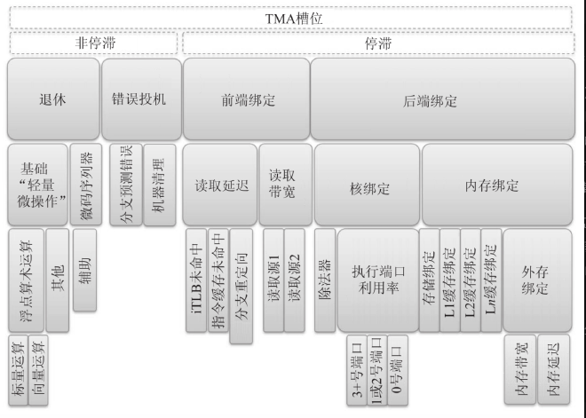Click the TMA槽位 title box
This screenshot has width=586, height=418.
[290, 18]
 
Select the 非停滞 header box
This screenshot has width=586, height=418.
[93, 43]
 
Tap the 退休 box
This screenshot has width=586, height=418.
[53, 99]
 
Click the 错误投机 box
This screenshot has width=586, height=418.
[141, 99]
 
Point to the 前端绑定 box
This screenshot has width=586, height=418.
[247, 99]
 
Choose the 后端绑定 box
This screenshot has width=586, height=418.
[443, 99]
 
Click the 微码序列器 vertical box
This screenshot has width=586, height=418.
[86, 185]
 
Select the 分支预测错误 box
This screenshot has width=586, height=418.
[126, 185]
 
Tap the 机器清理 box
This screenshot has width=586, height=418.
[160, 185]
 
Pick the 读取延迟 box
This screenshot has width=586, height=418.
[220, 185]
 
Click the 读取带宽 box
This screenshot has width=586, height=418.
[286, 185]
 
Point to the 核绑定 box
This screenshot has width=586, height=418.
[367, 185]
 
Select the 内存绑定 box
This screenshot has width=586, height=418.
[497, 185]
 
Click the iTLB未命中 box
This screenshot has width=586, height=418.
[196, 280]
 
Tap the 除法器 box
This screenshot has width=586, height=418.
[325, 280]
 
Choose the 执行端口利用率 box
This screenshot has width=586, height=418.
[378, 280]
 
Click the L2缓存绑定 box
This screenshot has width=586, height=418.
[471, 280]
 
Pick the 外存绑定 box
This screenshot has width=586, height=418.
[537, 280]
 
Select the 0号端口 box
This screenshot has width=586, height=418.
[398, 370]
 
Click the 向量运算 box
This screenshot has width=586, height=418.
[38, 370]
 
